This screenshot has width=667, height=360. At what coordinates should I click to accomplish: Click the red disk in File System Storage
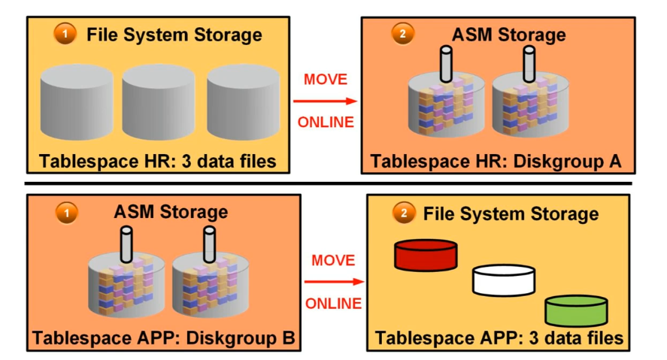(426, 255)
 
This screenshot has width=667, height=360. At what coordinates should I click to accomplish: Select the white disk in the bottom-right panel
(504, 280)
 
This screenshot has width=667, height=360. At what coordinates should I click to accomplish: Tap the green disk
(576, 310)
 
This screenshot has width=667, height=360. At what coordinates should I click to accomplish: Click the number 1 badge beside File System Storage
(65, 35)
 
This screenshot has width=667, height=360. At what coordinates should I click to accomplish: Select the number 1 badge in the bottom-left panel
(66, 213)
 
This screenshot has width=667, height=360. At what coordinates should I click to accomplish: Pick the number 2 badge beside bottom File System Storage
(405, 213)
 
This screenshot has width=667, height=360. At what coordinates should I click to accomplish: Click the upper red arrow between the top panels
(324, 100)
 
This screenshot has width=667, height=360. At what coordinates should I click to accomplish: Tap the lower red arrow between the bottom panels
(334, 283)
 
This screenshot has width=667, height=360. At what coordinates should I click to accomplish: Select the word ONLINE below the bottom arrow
(333, 304)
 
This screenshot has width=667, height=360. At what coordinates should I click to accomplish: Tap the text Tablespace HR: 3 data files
(158, 161)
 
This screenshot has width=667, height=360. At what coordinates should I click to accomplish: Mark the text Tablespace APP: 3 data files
(499, 337)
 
